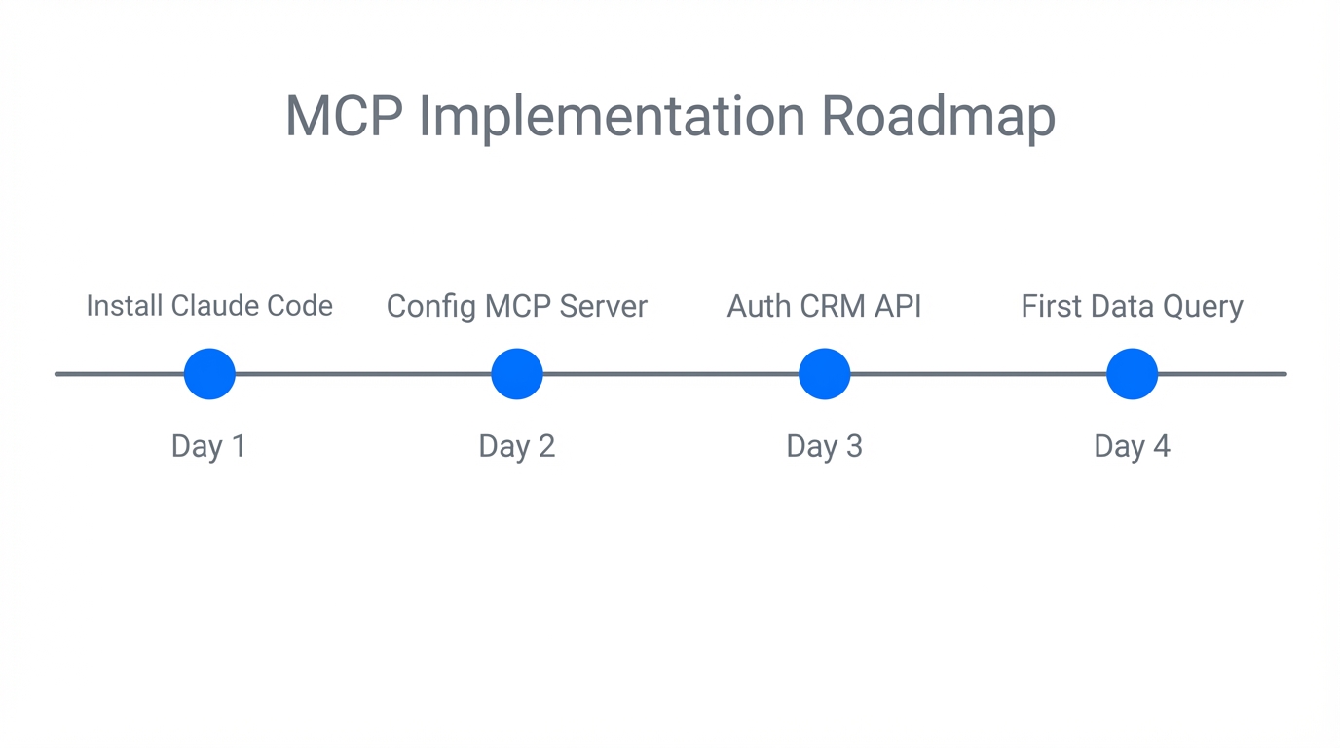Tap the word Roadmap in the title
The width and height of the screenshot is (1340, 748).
pyautogui.click(x=938, y=117)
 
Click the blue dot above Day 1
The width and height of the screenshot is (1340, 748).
pyautogui.click(x=209, y=374)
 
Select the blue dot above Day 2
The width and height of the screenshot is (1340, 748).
pyautogui.click(x=517, y=374)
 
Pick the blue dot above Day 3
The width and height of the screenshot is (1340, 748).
pyautogui.click(x=825, y=374)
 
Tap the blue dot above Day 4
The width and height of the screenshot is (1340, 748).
pyautogui.click(x=1132, y=374)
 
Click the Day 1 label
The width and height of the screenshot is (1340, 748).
pyautogui.click(x=209, y=446)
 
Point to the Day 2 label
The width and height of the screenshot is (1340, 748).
pyautogui.click(x=517, y=446)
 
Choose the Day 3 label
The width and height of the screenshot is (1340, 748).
pyautogui.click(x=825, y=446)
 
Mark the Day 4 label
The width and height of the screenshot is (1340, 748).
pyautogui.click(x=1132, y=446)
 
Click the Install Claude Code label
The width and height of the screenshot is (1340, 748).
pyautogui.click(x=209, y=306)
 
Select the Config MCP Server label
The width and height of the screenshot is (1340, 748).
pyautogui.click(x=517, y=307)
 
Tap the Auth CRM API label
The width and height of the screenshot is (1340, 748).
pyautogui.click(x=825, y=307)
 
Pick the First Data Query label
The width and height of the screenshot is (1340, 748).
pyautogui.click(x=1132, y=307)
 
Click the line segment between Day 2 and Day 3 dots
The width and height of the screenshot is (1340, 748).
pyautogui.click(x=671, y=374)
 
